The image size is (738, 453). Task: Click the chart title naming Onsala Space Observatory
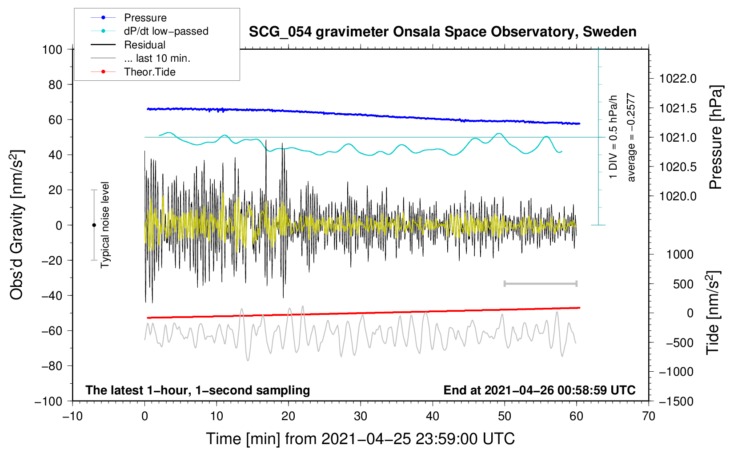pos(442,32)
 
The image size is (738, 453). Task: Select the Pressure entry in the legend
pos(145,18)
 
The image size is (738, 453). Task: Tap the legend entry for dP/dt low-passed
pos(166,31)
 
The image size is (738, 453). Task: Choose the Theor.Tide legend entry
pos(149,72)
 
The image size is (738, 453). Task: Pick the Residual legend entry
pos(144,45)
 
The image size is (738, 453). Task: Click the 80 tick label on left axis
pos(55,85)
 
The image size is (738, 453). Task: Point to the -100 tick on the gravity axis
pos(48,401)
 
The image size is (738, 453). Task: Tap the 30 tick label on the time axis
pos(361,417)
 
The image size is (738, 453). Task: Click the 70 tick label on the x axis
pos(648,417)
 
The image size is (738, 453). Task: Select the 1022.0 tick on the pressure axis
pos(678,79)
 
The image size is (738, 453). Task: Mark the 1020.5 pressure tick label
pos(678,167)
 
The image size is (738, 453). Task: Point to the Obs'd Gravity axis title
pos(16,225)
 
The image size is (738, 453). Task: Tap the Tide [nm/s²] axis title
pos(713,313)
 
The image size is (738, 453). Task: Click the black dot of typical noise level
pos(94,225)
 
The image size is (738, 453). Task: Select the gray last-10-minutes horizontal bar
pos(540,284)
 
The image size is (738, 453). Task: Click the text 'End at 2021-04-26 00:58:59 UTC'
pos(539,390)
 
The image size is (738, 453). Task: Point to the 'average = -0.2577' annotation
pos(630,137)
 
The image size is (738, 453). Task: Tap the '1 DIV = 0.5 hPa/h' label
pos(613,137)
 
